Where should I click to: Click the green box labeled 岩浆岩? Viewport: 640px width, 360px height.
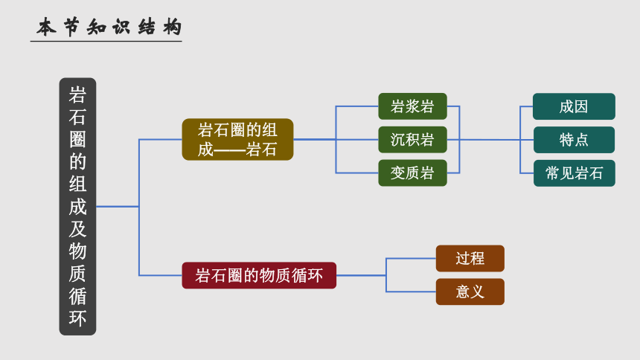point(412,106)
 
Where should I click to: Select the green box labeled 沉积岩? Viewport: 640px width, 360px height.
point(412,140)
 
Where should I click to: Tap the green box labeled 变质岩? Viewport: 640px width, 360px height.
point(412,173)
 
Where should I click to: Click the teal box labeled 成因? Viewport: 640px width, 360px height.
point(574,106)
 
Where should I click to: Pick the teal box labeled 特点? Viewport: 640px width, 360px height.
point(574,140)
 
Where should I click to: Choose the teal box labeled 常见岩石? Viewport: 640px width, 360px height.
point(574,173)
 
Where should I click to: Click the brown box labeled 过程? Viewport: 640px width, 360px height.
point(470,258)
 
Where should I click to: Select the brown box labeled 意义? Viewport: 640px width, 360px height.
point(470,292)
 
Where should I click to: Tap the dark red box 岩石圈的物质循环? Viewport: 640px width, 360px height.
point(259,275)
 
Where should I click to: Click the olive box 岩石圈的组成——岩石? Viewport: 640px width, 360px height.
point(237,140)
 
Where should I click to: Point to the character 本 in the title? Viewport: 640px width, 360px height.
point(46,28)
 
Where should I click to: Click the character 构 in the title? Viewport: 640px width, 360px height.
point(172,28)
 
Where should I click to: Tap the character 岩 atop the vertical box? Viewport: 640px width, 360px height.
point(77,95)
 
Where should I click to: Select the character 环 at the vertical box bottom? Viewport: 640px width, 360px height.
point(77,318)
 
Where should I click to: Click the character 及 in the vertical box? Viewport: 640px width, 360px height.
point(77,229)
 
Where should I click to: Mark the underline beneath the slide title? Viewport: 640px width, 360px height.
point(106,41)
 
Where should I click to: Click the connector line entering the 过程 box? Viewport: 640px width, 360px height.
point(411,258)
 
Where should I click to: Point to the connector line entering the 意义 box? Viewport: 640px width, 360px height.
point(411,292)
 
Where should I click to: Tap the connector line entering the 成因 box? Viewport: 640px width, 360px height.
point(527,106)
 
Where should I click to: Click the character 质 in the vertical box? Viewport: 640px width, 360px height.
point(77,274)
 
